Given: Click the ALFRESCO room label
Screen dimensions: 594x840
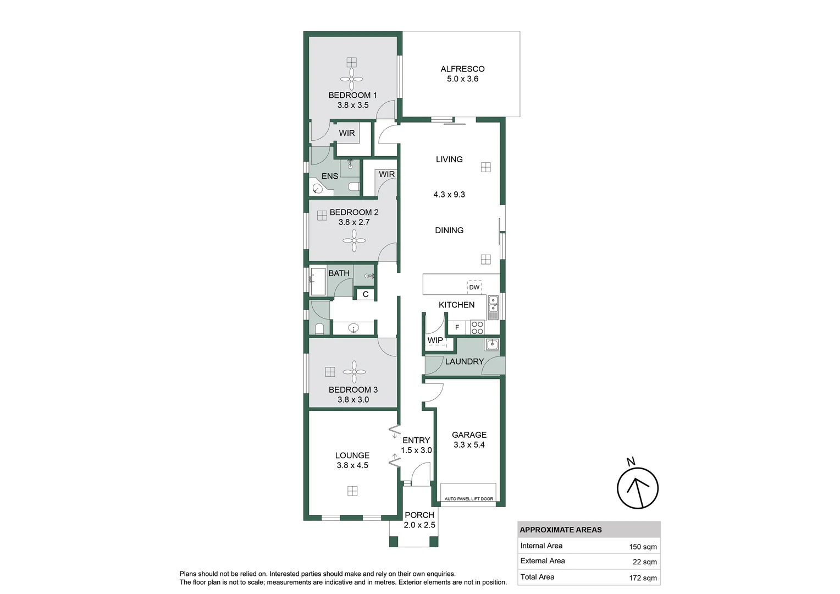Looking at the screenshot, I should [462, 69].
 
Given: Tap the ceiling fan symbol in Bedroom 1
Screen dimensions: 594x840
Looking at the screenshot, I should [352, 80].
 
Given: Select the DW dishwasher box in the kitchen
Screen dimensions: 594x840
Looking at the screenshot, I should [474, 287].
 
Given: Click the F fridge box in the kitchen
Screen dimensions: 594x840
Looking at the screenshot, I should [457, 328].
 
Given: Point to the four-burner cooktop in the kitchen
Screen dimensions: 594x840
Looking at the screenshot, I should [477, 328].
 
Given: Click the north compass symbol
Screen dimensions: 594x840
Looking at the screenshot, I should [637, 487].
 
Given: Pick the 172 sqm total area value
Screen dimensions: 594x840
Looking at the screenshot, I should [643, 577].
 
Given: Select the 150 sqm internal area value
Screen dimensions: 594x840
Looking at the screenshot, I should [643, 547].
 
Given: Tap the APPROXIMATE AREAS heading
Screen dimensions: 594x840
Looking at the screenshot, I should [561, 530].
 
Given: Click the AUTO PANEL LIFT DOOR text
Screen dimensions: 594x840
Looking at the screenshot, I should [468, 499].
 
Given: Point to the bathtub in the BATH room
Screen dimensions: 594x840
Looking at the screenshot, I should [318, 282].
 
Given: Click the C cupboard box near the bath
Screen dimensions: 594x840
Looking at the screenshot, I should [366, 294].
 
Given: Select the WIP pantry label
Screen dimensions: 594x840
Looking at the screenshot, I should [435, 340].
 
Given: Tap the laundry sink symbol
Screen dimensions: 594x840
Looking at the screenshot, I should [492, 345].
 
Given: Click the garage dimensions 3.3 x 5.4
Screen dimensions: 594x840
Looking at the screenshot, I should [469, 445].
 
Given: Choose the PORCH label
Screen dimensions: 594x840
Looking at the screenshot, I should [419, 515].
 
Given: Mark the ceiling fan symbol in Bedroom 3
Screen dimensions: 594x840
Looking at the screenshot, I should [354, 372].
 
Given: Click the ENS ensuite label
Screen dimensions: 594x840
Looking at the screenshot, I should [330, 176].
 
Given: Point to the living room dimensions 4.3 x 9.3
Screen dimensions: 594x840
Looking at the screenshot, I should [449, 194].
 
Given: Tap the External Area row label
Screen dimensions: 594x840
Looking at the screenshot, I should [543, 561].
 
